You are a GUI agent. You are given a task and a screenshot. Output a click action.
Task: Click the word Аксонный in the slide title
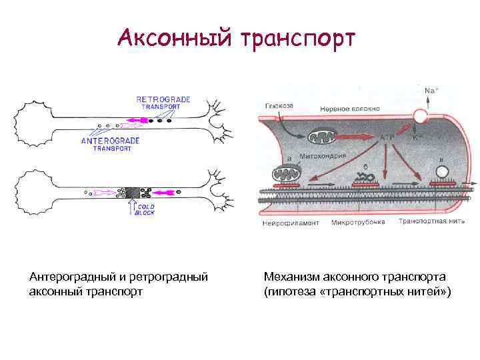pyautogui.click(x=172, y=38)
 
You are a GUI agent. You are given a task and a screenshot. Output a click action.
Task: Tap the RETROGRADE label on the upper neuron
pyautogui.click(x=163, y=99)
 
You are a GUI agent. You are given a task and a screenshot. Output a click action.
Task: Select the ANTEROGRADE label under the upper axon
pyautogui.click(x=111, y=141)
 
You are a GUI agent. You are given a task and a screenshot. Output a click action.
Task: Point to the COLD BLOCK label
pyautogui.click(x=145, y=210)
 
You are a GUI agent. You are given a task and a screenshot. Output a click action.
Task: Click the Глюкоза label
pyautogui.click(x=277, y=105)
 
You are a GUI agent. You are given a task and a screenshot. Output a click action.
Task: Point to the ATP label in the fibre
pyautogui.click(x=387, y=137)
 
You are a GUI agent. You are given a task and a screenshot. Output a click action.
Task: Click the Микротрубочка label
pyautogui.click(x=358, y=223)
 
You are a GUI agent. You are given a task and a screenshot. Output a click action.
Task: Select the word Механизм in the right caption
pyautogui.click(x=292, y=276)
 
